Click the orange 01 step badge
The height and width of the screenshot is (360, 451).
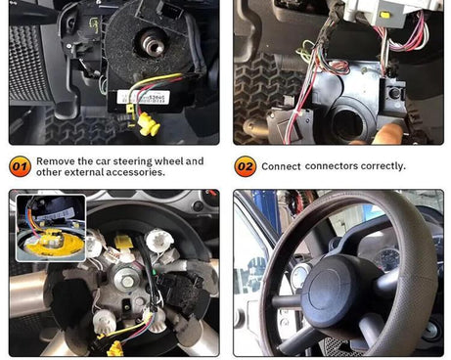(20, 166)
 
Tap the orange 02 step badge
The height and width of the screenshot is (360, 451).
(245, 166)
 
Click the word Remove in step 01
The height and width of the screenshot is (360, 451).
(55, 161)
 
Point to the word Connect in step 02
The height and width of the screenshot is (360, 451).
(282, 166)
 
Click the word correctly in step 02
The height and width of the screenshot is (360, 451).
(382, 166)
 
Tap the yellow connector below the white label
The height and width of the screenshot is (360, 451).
(149, 124)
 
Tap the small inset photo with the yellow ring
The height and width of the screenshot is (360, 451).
(50, 227)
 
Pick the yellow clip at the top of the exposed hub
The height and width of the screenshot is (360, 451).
(125, 241)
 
